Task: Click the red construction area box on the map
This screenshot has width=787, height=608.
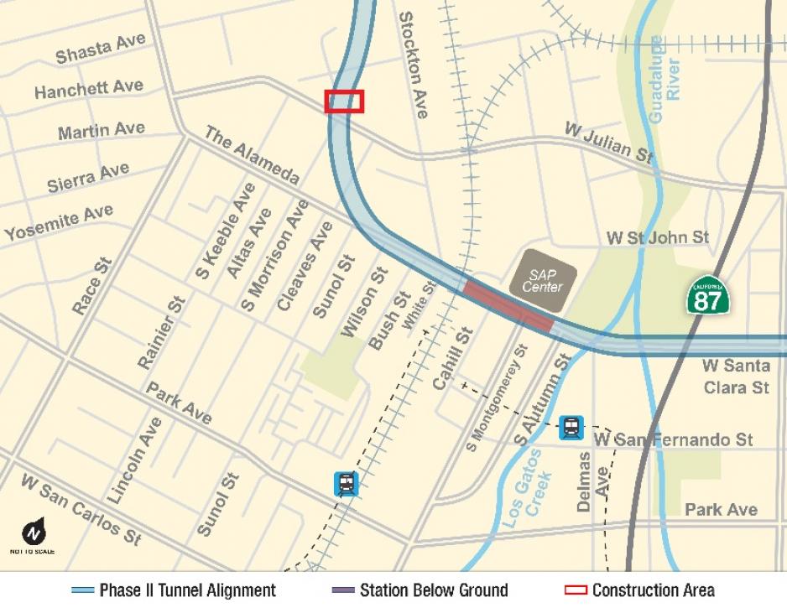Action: (344, 101)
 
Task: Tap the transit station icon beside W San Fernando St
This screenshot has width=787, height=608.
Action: (571, 428)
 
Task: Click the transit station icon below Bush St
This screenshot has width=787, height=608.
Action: (346, 483)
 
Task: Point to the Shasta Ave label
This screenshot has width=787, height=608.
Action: (100, 49)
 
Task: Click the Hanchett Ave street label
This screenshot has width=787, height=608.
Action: (89, 88)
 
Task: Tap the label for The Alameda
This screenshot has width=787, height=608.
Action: (252, 155)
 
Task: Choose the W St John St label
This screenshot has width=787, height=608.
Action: (658, 238)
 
